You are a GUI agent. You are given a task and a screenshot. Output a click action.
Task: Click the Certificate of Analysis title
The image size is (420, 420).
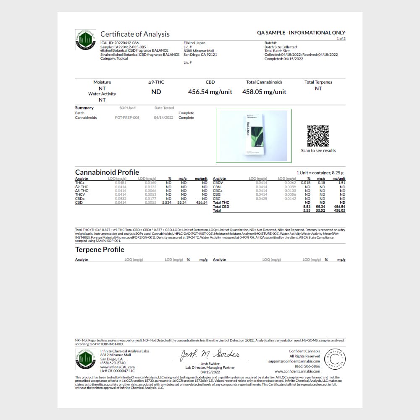(x=135, y=34)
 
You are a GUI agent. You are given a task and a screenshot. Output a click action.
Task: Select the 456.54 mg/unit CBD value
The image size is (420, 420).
(x=210, y=92)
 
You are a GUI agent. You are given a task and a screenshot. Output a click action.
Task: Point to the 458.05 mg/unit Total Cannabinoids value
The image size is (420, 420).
(x=264, y=92)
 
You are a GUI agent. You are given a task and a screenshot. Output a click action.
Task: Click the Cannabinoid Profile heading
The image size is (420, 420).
(x=107, y=172)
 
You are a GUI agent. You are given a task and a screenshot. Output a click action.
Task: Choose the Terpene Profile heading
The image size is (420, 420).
(x=100, y=249)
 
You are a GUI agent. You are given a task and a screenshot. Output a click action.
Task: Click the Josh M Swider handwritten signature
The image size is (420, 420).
(x=210, y=355)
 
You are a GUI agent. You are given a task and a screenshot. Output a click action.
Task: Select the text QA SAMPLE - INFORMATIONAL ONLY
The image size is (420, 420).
(x=301, y=33)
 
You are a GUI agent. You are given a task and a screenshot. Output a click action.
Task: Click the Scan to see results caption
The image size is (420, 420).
(x=318, y=151)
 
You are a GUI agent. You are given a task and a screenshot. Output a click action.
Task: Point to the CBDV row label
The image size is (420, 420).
(x=218, y=183)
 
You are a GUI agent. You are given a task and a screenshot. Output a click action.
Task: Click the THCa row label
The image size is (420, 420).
(x=79, y=183)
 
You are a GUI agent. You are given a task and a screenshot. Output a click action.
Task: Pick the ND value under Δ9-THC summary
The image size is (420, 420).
(x=156, y=92)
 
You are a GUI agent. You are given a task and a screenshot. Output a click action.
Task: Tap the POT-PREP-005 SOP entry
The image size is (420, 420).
(x=127, y=118)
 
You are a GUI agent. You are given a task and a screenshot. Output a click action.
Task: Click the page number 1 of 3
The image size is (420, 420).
(x=341, y=39)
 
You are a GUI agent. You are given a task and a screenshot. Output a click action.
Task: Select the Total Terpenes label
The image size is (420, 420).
(x=318, y=82)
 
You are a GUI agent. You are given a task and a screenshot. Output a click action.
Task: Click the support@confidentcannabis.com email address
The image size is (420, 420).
(x=294, y=361)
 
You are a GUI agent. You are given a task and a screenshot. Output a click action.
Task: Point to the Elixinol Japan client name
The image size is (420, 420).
(x=195, y=43)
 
